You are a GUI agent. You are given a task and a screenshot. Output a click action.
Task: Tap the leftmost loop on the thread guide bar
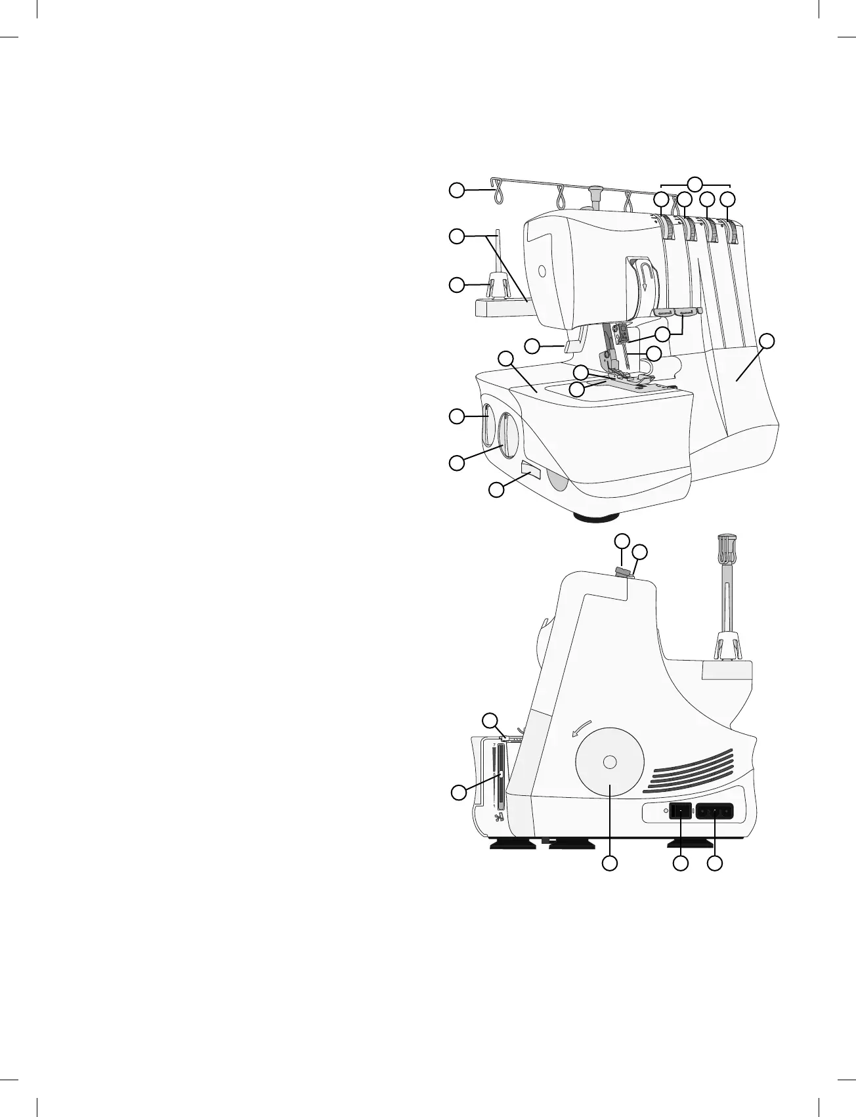coord(498,192)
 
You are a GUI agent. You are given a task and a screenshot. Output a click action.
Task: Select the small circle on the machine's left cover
coord(541,271)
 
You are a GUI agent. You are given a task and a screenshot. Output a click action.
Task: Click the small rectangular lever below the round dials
coord(530,470)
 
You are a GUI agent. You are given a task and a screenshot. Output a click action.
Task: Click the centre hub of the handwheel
coord(609,762)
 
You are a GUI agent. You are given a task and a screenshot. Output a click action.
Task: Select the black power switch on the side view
coord(679,812)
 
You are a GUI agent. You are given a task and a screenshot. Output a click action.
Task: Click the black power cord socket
coord(714,812)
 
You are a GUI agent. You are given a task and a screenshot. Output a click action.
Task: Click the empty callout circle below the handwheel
coord(610,864)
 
